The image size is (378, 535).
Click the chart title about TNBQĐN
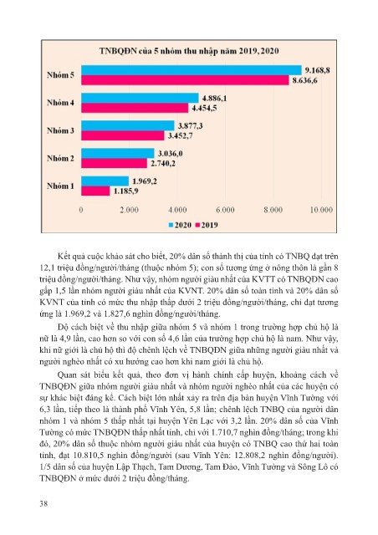point(189,51)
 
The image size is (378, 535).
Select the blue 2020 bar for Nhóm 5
point(192,70)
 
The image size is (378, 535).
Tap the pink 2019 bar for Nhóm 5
point(185,80)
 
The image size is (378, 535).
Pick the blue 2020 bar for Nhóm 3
point(128,125)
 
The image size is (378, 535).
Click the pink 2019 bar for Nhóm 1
point(95,191)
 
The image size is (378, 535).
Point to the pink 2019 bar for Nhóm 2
point(114,163)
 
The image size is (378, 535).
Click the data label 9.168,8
point(317,70)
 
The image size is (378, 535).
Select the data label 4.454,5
point(204,108)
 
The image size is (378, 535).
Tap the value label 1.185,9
point(125,191)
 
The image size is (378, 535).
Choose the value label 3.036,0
point(170,154)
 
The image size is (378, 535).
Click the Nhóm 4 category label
point(60,103)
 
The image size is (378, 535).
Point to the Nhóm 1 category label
point(60,186)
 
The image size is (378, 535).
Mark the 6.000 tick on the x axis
point(225,210)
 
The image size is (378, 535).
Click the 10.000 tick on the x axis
point(321,210)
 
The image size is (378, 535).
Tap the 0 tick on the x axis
point(81,210)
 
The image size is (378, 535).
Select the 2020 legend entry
point(180,225)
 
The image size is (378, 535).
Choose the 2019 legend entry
point(207,225)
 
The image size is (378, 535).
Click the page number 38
point(43,503)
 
